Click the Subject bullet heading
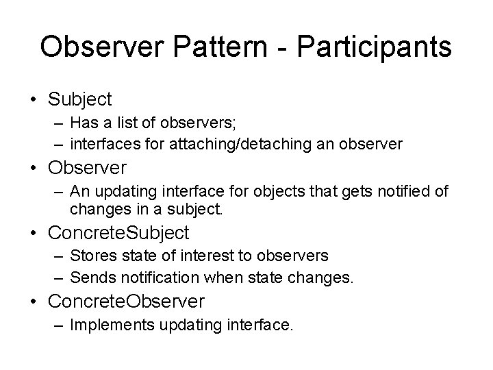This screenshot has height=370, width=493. click(79, 99)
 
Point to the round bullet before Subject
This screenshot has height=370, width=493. click(34, 100)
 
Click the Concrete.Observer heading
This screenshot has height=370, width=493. click(126, 300)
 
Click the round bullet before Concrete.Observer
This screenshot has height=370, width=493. click(34, 301)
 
